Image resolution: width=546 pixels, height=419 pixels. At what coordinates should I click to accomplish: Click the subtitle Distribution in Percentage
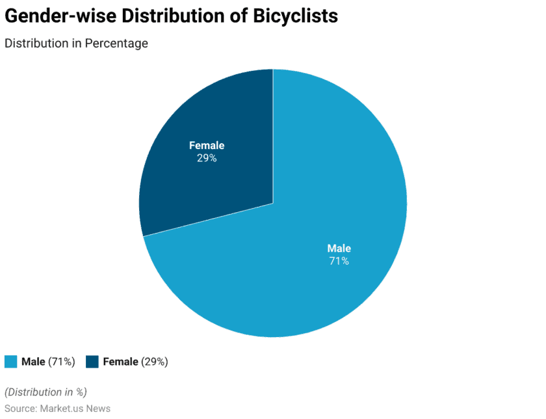click(x=76, y=44)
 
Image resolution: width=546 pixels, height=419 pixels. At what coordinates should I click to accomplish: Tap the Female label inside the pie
click(x=207, y=146)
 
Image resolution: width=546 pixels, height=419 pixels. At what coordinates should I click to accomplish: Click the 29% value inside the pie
click(x=207, y=158)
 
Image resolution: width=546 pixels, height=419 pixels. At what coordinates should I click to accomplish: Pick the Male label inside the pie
click(x=339, y=249)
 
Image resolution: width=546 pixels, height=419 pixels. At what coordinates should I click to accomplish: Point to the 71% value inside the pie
click(x=339, y=261)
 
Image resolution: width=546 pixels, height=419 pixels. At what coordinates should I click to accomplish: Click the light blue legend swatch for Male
click(x=10, y=362)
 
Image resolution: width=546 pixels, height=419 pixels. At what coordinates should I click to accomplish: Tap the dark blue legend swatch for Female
click(x=92, y=362)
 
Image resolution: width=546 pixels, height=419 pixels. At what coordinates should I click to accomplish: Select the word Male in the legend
click(x=33, y=362)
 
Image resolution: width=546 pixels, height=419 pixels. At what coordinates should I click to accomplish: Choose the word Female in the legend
click(x=120, y=362)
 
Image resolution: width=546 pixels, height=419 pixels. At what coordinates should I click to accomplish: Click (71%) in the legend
click(x=62, y=362)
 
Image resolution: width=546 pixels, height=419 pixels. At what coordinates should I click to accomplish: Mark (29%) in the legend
click(x=155, y=362)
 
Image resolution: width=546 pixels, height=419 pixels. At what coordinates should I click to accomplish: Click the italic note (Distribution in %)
click(x=45, y=392)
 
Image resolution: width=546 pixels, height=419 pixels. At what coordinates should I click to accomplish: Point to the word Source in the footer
click(x=20, y=408)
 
